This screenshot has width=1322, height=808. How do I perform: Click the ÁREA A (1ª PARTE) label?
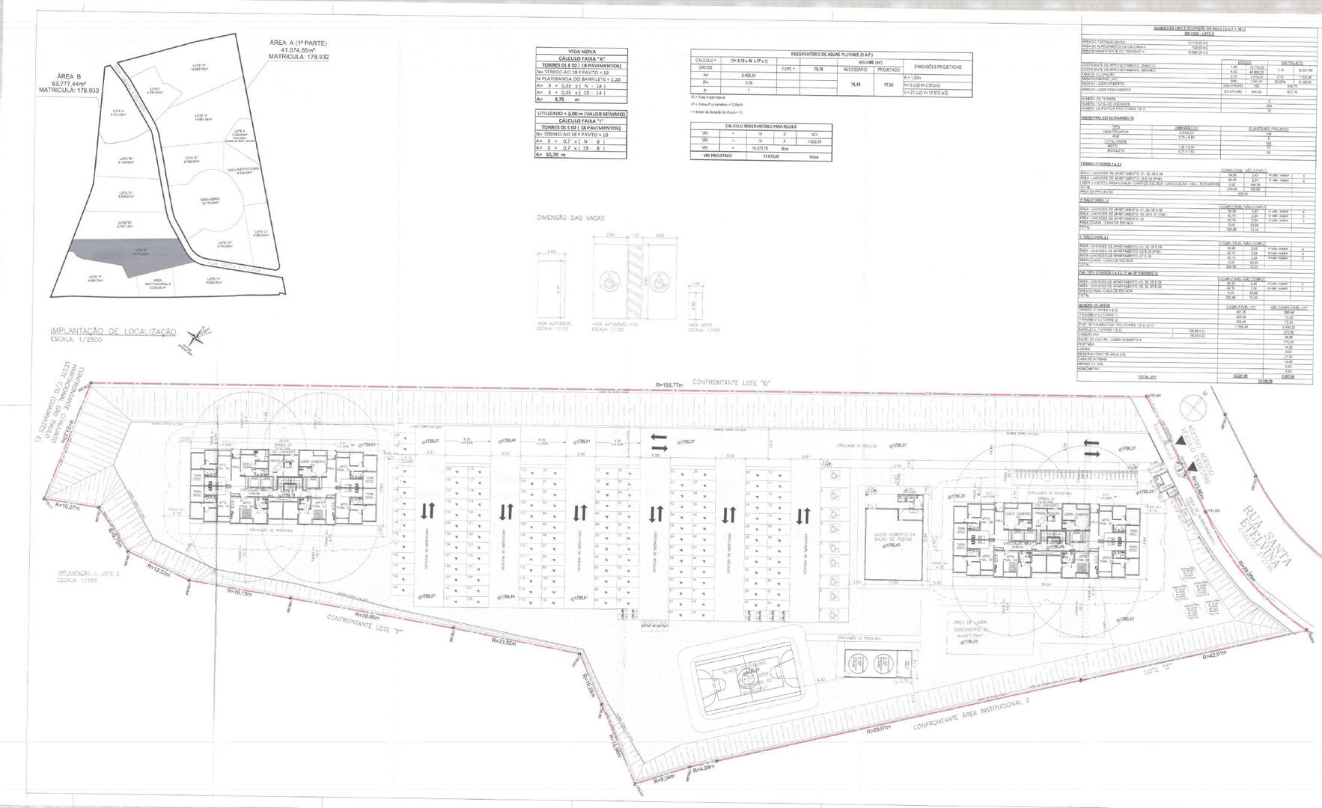point(299,43)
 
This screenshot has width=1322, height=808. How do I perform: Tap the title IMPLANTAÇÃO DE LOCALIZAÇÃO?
point(112,331)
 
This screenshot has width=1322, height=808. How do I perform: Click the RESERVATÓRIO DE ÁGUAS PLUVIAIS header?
point(831,55)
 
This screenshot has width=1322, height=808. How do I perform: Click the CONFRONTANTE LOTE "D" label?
point(732,384)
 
